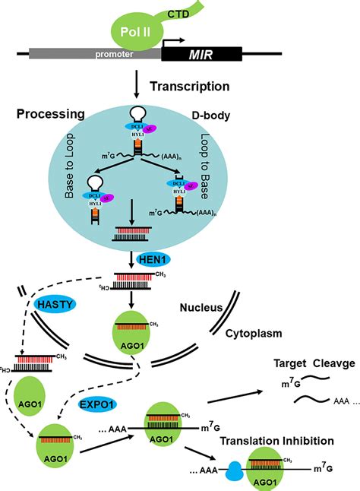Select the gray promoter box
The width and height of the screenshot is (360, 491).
pyautogui.click(x=94, y=55)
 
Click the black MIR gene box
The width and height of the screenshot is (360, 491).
pyautogui.click(x=201, y=55)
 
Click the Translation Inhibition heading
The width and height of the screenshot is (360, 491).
pyautogui.click(x=287, y=441)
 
